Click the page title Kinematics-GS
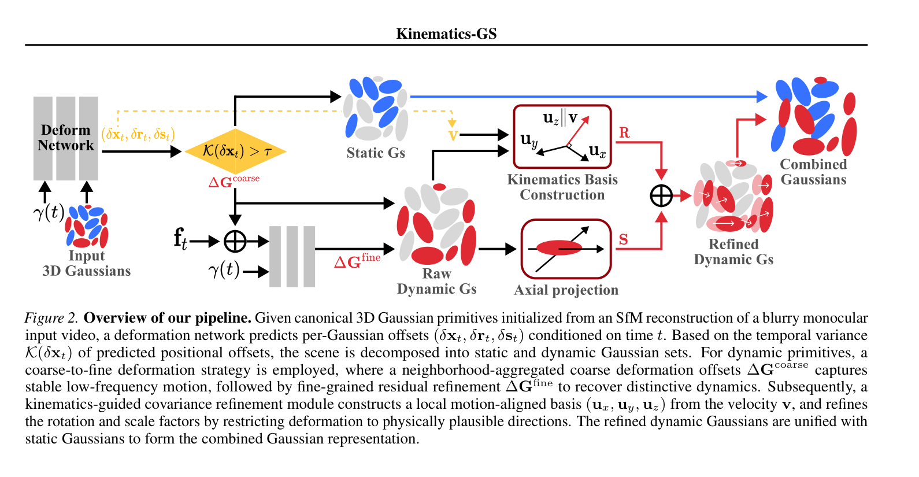coord(446,34)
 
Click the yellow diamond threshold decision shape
coord(235,151)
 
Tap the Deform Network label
coord(66,138)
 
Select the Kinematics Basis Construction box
coord(562,136)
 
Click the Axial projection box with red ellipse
coord(566,249)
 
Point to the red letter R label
coord(624,132)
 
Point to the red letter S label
coord(623,239)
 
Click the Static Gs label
coord(375,153)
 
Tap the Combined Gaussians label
coord(813,172)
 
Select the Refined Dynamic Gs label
coord(733,252)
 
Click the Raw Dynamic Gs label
coord(436,281)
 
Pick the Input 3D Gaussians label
coord(87,263)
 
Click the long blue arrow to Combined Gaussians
coord(589,97)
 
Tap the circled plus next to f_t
coord(235,241)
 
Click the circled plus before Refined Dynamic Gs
coord(661,195)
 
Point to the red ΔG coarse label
coord(234,181)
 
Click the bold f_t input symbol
coord(180,239)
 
